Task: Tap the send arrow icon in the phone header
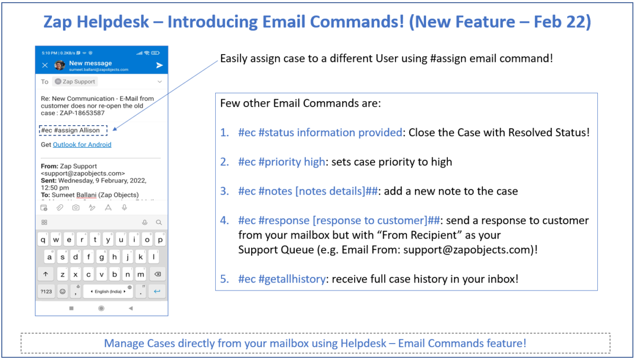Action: (160, 65)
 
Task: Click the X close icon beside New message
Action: (45, 65)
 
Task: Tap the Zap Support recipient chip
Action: (75, 82)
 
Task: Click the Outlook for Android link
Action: (82, 144)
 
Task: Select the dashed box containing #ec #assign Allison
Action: (73, 130)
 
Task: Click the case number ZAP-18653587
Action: (82, 112)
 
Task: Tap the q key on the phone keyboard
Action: (43, 240)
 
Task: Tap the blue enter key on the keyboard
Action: (157, 291)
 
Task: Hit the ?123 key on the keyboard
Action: (46, 291)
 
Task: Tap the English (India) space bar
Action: (109, 291)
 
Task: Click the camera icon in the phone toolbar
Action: (76, 208)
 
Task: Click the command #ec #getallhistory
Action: (281, 278)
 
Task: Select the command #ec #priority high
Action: (281, 162)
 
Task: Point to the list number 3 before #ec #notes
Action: (225, 191)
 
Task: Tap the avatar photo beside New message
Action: (60, 65)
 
